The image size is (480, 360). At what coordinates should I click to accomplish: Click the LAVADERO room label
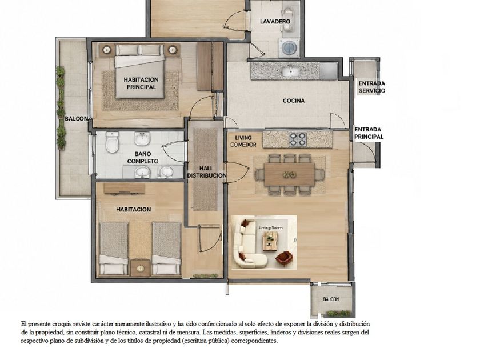(x=275, y=22)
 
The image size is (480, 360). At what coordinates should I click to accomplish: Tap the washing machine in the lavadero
(x=289, y=47)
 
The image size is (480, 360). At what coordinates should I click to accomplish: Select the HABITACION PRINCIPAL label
(x=141, y=83)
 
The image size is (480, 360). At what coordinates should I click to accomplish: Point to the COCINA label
(x=294, y=101)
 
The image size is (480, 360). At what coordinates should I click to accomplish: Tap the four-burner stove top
(x=298, y=139)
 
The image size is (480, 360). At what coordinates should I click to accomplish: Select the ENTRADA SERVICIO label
(x=371, y=87)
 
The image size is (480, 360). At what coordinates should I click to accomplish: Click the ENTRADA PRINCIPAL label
(x=369, y=133)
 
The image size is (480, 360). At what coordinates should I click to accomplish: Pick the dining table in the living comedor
(x=290, y=174)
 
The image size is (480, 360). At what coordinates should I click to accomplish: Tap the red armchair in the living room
(x=284, y=259)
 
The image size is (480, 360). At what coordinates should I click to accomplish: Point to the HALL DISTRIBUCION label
(x=207, y=172)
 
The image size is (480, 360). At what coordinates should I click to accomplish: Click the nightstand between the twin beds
(x=141, y=268)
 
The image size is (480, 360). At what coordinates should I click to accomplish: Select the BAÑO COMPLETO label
(x=143, y=158)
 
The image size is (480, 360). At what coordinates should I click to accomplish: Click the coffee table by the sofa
(x=270, y=241)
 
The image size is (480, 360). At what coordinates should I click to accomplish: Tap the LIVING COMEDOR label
(x=243, y=141)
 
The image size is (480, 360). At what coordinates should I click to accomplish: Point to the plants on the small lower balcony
(x=338, y=314)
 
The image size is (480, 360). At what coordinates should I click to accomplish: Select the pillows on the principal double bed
(x=139, y=50)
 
